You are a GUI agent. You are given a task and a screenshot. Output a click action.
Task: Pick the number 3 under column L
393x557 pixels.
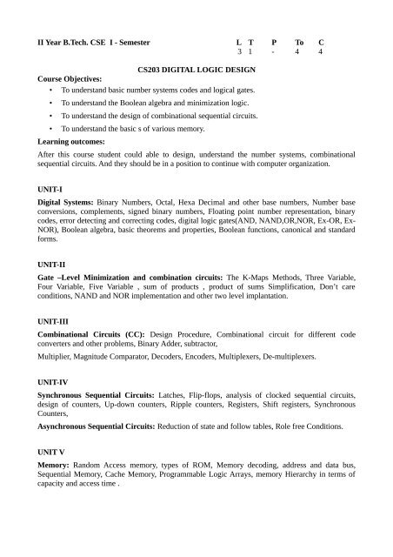239,52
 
